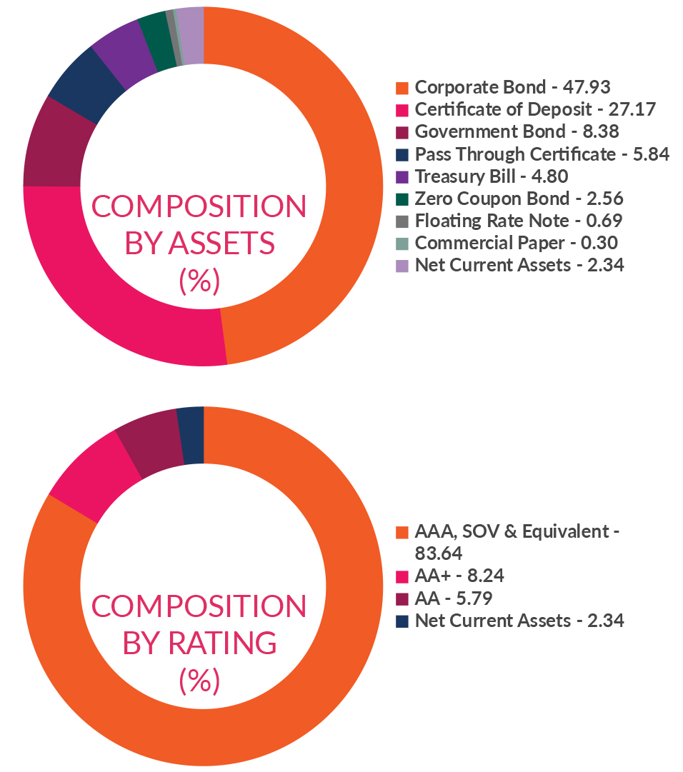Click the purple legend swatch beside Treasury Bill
click(402, 176)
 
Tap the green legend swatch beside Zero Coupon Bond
click(402, 199)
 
